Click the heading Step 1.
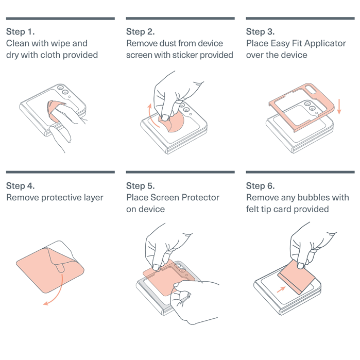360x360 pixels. (x=21, y=32)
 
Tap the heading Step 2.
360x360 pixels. (x=140, y=32)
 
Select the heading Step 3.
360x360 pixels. (x=260, y=32)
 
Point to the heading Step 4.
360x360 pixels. (x=21, y=186)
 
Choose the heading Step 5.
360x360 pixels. (x=140, y=186)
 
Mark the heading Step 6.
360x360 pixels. (x=260, y=186)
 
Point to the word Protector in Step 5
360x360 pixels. (x=200, y=197)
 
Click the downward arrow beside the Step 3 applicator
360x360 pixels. (x=339, y=107)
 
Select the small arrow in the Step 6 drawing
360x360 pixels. (x=281, y=289)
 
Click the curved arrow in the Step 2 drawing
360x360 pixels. (x=152, y=116)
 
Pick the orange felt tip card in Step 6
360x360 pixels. (x=297, y=277)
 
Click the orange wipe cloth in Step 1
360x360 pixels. (x=54, y=110)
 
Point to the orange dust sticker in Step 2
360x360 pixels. (x=175, y=122)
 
